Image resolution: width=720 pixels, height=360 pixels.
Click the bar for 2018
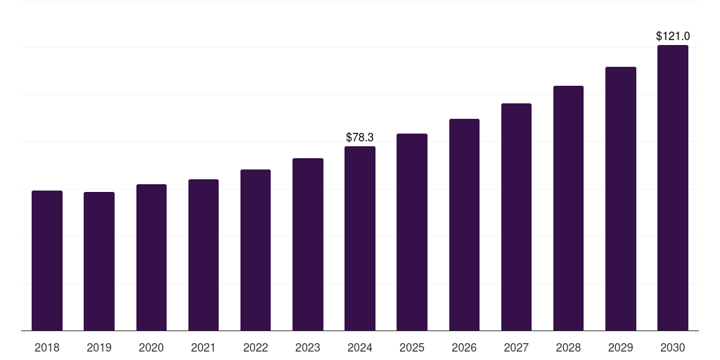point(47,260)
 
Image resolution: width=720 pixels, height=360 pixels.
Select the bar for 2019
point(99,261)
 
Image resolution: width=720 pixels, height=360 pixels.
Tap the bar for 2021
point(203,255)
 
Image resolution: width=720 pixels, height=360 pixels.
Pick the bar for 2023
point(308,244)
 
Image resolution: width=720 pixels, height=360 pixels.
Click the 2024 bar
point(360,238)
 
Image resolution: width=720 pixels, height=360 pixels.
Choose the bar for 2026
point(464,224)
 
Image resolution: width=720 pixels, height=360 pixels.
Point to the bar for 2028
point(568,208)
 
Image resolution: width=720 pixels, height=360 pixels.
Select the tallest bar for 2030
point(673,188)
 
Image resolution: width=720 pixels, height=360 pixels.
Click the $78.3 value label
point(360,138)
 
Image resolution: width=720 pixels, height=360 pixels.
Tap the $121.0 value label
point(673,36)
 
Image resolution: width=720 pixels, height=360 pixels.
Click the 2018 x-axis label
point(47,347)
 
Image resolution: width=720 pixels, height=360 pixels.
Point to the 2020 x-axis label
point(151,347)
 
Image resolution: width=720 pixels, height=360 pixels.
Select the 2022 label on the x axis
point(255,347)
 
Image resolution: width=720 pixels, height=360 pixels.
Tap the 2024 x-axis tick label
point(360,347)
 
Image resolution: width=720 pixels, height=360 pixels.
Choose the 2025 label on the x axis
point(412,347)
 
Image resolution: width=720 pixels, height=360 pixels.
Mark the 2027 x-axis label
point(516,347)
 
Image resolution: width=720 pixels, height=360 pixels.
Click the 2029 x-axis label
point(620,347)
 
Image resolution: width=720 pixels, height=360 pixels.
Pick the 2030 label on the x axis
point(673,347)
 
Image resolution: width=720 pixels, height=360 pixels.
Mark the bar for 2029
point(620,198)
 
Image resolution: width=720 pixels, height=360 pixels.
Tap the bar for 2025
point(412,232)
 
